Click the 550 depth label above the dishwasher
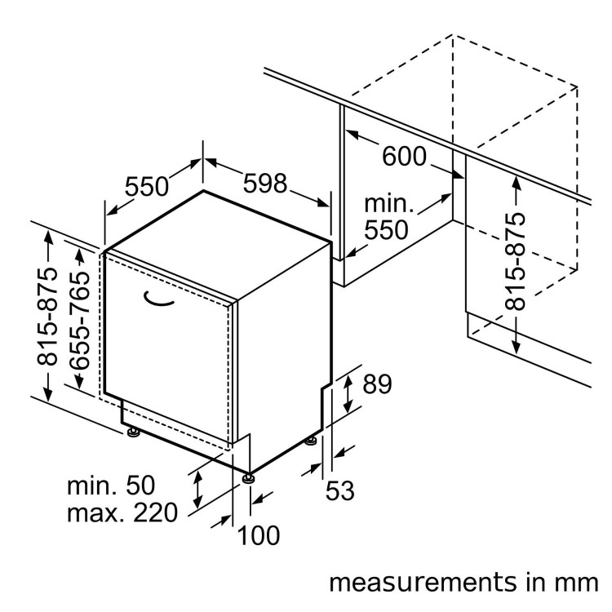(146, 187)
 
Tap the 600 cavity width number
(405, 156)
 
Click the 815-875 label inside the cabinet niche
(515, 262)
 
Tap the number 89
(377, 384)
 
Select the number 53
(340, 491)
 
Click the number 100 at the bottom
(259, 535)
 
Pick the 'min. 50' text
(110, 486)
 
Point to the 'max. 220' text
(122, 514)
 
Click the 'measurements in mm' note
(463, 583)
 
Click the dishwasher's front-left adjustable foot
(133, 432)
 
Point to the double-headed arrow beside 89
(348, 391)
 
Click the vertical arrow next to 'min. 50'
(197, 489)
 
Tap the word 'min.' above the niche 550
(389, 203)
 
